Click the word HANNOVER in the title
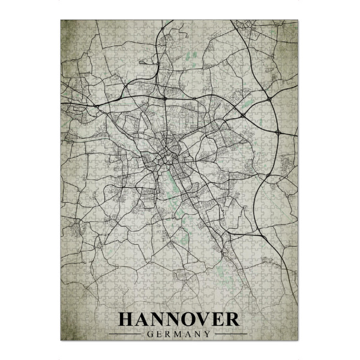point(179,319)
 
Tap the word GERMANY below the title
point(179,334)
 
